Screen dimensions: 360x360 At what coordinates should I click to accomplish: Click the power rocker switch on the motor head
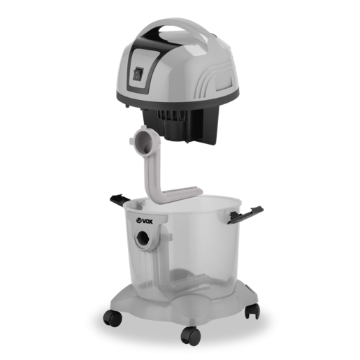pos(138,73)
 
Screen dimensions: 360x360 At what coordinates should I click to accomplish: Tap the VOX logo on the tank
pos(144,221)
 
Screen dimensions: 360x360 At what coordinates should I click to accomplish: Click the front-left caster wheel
pos(113,317)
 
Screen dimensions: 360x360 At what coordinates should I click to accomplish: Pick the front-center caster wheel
pos(191,336)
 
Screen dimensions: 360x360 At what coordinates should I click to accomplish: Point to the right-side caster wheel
pos(252,311)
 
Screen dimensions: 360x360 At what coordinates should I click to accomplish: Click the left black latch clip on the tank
pos(120,201)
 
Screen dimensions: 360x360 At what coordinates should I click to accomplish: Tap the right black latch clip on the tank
pos(245,215)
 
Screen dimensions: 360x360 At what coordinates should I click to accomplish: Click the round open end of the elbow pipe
pos(144,141)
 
